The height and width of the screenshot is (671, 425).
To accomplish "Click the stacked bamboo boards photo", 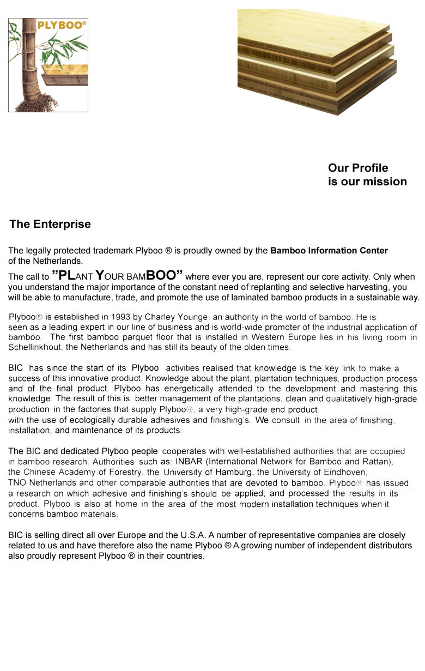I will click(x=316, y=60).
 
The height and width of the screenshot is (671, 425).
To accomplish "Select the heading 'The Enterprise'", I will click(x=50, y=224).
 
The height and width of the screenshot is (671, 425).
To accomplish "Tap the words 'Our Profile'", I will click(x=358, y=168).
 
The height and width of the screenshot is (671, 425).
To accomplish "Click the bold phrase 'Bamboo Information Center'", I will click(x=329, y=251).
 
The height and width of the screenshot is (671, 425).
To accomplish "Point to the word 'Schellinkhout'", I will click(x=35, y=347).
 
